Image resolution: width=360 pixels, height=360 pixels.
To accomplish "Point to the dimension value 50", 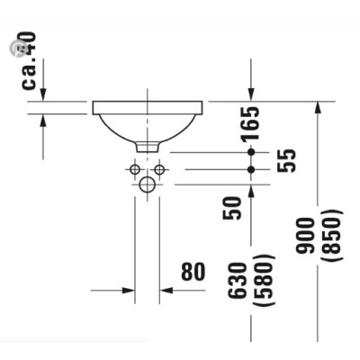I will [x=233, y=208].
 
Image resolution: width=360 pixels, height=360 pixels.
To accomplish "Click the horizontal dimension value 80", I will [x=193, y=271].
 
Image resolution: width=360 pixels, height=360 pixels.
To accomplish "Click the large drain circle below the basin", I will [x=147, y=184].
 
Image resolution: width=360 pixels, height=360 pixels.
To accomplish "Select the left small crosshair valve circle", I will [x=134, y=169].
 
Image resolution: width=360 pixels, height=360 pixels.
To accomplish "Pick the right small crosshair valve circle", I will [x=159, y=169].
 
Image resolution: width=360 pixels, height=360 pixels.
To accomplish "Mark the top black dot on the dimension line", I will [x=251, y=152].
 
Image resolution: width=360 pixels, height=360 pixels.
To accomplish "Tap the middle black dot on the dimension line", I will [x=251, y=169].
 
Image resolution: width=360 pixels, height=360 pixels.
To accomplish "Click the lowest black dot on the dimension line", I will [x=251, y=184].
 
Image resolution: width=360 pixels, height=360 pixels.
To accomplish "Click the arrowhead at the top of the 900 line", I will [x=316, y=107].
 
